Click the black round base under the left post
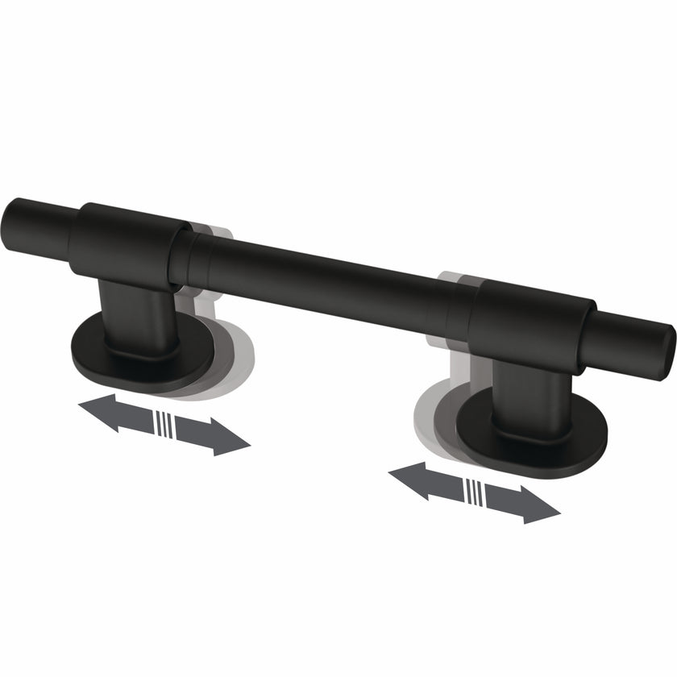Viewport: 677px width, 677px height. point(113,355)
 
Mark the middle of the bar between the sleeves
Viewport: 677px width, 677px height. point(322,278)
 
